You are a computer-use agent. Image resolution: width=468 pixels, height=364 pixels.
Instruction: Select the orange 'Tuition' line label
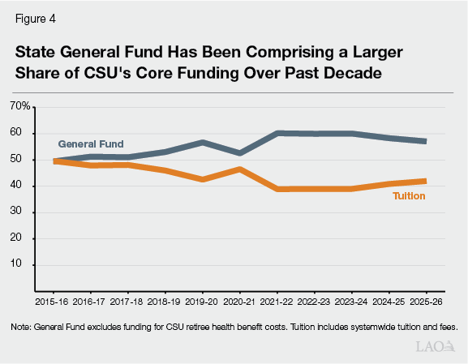pos(410,195)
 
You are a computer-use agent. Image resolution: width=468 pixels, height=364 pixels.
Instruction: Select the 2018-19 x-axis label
pos(165,302)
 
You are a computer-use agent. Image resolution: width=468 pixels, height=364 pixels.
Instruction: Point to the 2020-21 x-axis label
pos(239,302)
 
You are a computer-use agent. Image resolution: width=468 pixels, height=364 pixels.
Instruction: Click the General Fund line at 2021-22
pos(277,133)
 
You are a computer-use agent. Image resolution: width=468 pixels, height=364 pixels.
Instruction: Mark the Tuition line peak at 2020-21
pos(239,169)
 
